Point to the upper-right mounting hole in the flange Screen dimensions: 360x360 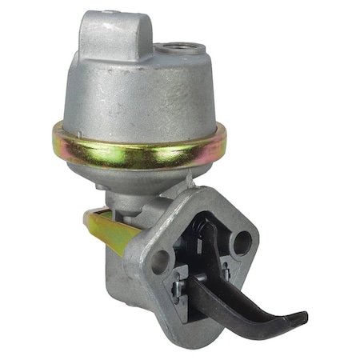(x=241, y=241)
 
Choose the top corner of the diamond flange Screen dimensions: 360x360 (x=210, y=192)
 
